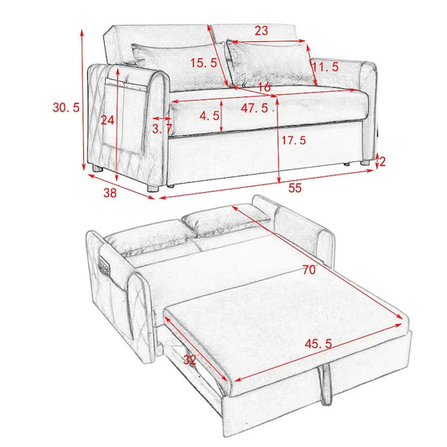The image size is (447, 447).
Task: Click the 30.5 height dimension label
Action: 65,107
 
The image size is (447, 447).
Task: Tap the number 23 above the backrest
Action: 261,31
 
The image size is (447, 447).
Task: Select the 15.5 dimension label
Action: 203,63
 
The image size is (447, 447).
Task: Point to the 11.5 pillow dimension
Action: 325,66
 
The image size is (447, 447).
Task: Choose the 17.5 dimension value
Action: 293,140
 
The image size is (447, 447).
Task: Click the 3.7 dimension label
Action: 162,129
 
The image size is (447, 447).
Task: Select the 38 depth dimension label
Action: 110,192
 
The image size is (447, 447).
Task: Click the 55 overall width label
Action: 294,189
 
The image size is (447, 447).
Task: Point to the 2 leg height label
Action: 382,161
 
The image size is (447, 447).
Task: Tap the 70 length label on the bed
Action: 309,271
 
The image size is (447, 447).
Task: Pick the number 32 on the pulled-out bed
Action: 190,361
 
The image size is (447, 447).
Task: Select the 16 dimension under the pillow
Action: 263,86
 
